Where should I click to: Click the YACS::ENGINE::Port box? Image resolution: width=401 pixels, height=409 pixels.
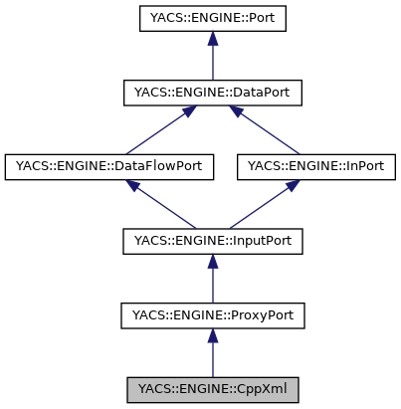click(212, 19)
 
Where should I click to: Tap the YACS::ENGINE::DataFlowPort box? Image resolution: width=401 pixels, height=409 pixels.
click(109, 166)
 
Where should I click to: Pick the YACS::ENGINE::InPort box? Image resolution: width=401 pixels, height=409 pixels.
click(316, 166)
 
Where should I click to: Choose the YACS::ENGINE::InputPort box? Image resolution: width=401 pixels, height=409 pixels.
click(212, 240)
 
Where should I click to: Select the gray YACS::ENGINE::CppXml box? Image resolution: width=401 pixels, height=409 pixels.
click(212, 388)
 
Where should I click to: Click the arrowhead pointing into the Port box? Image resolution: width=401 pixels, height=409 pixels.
click(212, 39)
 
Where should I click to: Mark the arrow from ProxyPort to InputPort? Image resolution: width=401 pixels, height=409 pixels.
click(212, 279)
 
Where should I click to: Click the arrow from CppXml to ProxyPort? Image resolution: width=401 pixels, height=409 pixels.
click(212, 353)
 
